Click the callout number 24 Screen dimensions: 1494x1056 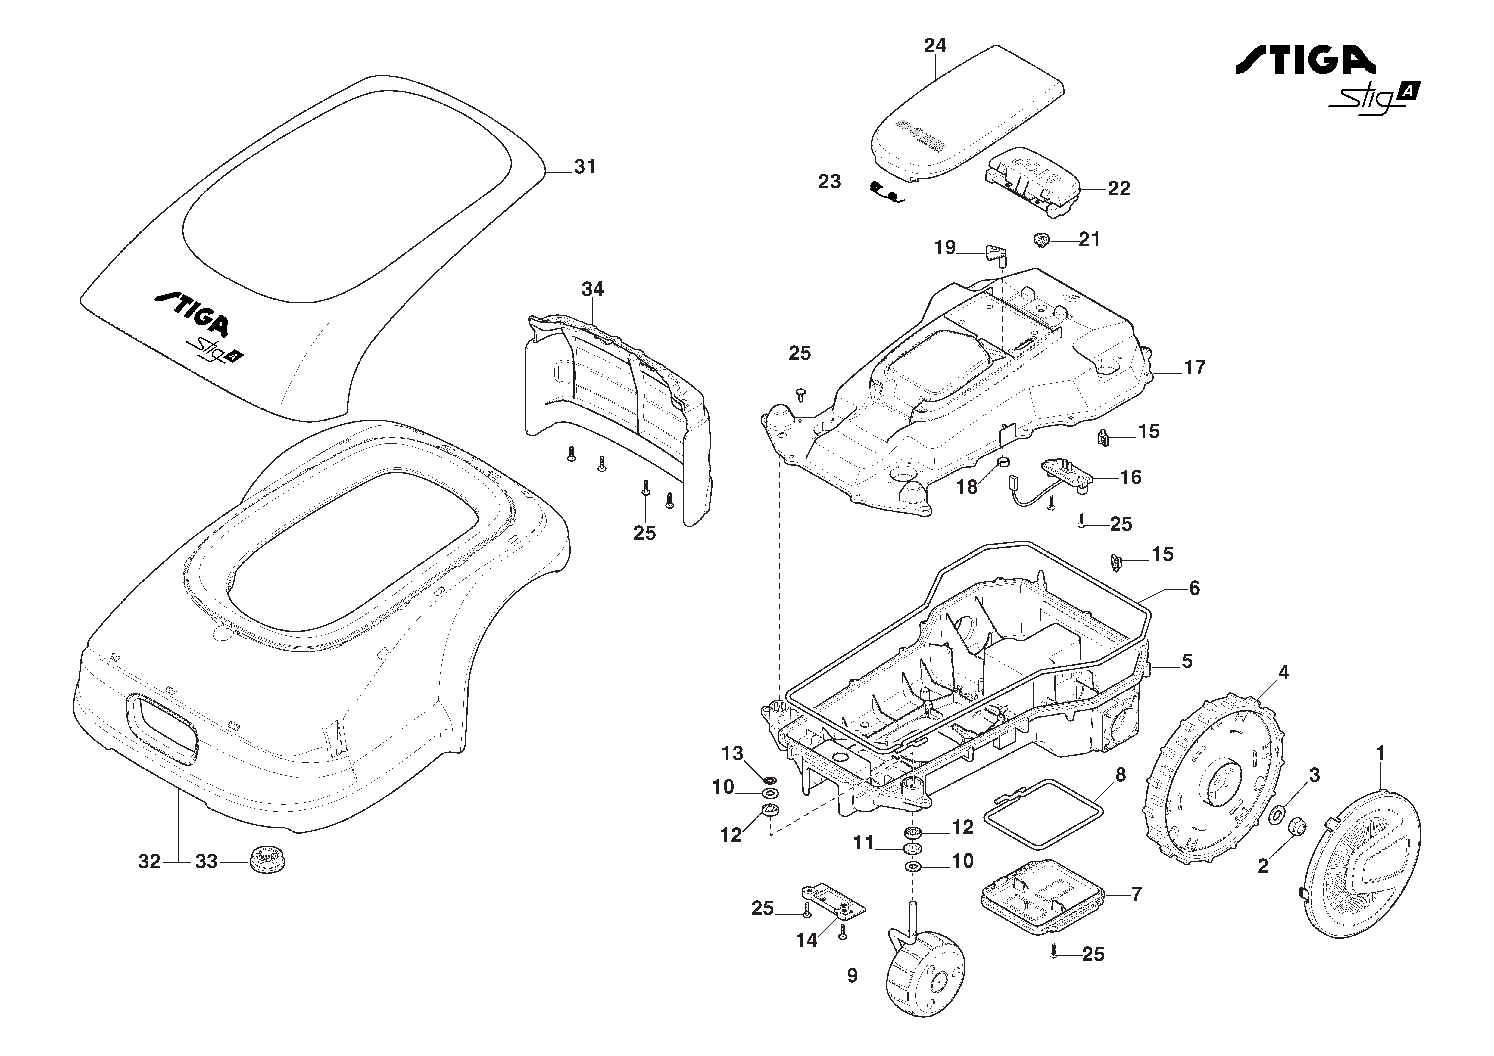click(935, 45)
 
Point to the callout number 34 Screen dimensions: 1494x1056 click(592, 289)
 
